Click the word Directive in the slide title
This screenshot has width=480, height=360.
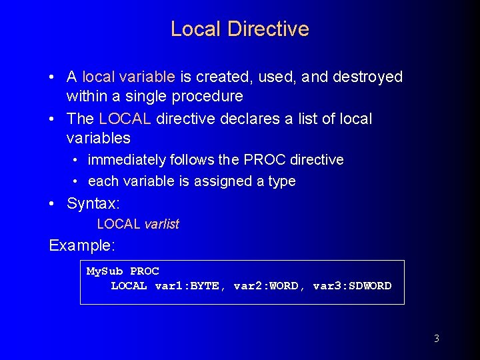tap(268, 29)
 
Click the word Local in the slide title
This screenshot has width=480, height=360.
tap(196, 29)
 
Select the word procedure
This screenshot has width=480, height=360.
tap(207, 97)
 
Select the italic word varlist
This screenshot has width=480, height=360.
tap(161, 225)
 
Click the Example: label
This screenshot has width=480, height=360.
tap(82, 245)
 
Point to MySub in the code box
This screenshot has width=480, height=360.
tap(105, 271)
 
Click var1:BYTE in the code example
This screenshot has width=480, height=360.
tap(187, 286)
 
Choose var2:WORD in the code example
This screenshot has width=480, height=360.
tap(266, 286)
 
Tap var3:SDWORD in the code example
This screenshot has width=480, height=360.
tap(352, 286)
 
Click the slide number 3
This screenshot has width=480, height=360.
tap(436, 339)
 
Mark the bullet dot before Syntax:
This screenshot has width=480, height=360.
tap(52, 203)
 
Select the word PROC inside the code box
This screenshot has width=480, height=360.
tap(144, 271)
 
